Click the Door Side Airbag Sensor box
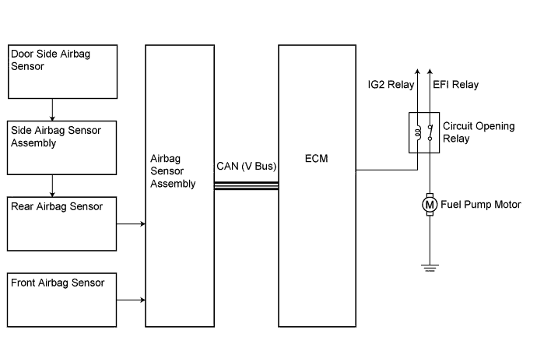click(61, 71)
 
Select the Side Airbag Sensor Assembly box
click(61, 147)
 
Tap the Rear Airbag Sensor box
click(61, 223)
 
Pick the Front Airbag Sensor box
click(61, 300)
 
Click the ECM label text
click(318, 159)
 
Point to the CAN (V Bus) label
click(246, 166)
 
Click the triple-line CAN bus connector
click(246, 185)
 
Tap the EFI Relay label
click(455, 84)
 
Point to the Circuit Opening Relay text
click(479, 132)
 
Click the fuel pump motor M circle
click(429, 205)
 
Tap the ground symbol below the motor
click(429, 268)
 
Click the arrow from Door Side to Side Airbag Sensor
click(52, 108)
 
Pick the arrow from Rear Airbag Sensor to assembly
click(131, 224)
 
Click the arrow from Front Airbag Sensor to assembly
click(131, 300)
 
